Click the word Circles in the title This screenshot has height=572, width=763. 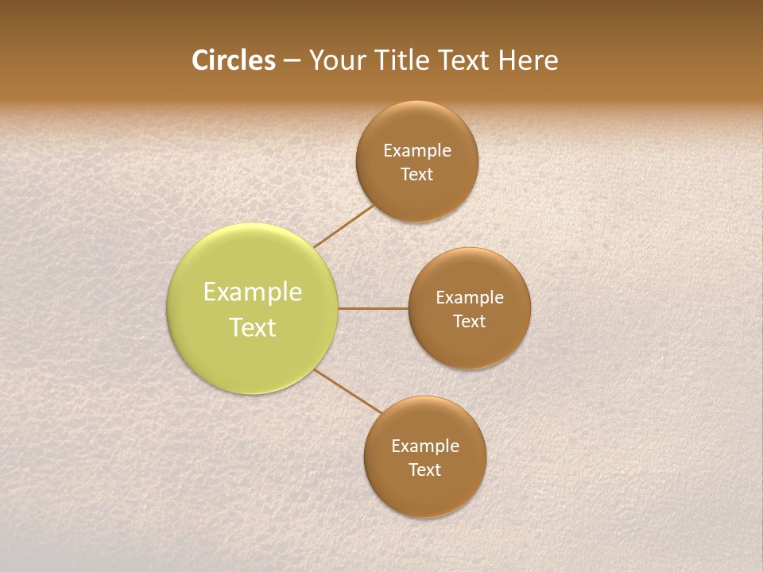click(234, 60)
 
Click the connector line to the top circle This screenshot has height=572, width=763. click(344, 226)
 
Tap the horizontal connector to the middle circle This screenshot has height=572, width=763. click(374, 308)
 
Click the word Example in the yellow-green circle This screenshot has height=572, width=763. click(253, 292)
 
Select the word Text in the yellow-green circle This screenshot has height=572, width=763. click(253, 327)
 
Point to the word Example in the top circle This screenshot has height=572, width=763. click(417, 151)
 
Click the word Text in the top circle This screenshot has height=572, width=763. click(417, 175)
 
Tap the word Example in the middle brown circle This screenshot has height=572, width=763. click(470, 298)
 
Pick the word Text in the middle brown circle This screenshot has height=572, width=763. click(470, 322)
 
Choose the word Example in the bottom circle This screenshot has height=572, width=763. click(425, 446)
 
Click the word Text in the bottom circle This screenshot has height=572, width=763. click(425, 470)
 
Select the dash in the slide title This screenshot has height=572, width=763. click(292, 61)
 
